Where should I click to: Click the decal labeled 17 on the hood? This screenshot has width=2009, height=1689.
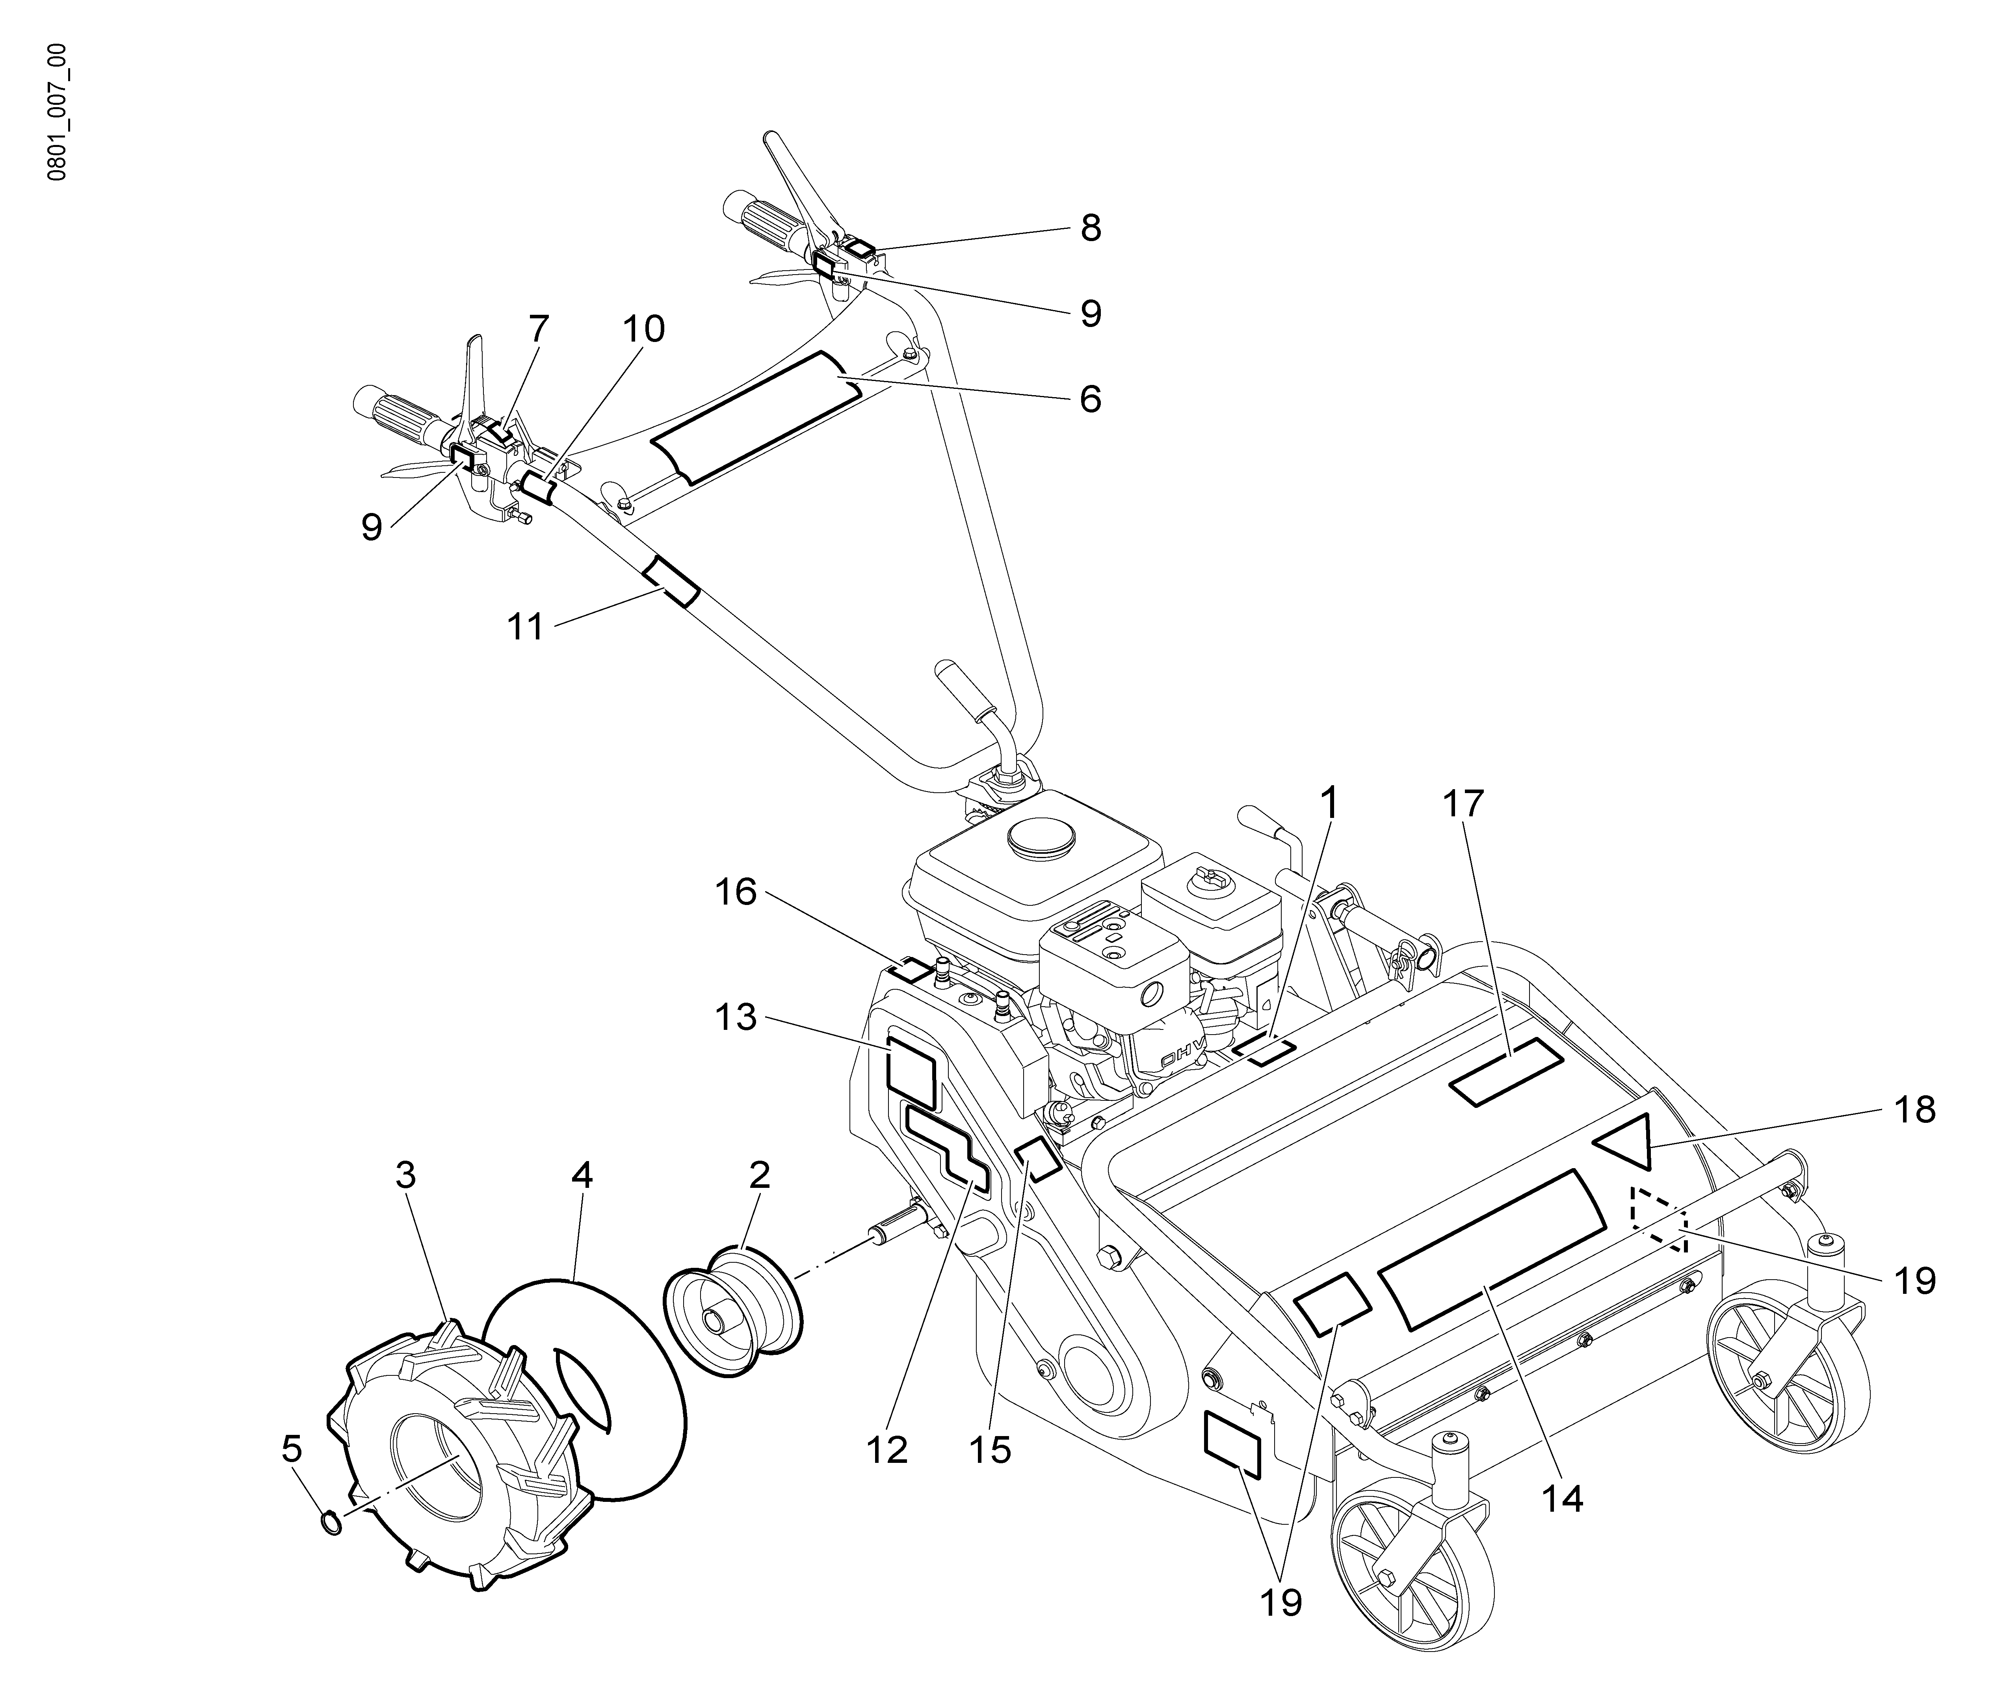1506,1073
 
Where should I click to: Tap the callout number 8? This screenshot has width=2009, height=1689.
1090,228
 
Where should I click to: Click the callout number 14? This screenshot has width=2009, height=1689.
1562,1498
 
